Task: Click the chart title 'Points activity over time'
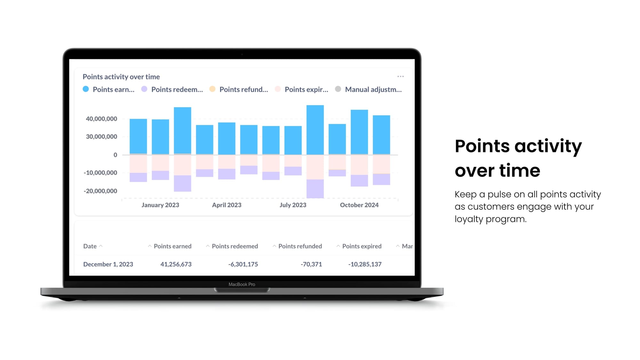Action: [x=121, y=77]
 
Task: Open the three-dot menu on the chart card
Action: [x=400, y=76]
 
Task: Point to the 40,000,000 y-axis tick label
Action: [x=101, y=119]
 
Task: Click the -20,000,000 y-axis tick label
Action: [x=100, y=191]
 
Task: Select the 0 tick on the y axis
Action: [x=115, y=155]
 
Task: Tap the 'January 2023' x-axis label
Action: [x=160, y=205]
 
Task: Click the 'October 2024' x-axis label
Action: [x=359, y=205]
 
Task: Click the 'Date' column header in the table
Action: [x=90, y=246]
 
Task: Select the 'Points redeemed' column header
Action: [x=235, y=246]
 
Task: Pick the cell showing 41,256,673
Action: [x=176, y=264]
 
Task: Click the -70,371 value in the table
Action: [x=311, y=264]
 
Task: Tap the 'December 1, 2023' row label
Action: [x=108, y=264]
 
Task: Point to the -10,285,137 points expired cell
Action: [x=365, y=264]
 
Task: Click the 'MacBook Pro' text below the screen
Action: [x=242, y=284]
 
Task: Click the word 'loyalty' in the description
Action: [x=469, y=219]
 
